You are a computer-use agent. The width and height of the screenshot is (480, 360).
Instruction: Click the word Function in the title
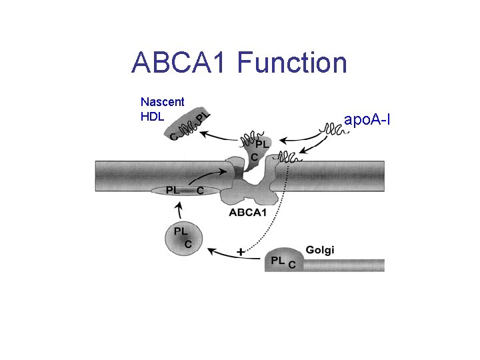292,63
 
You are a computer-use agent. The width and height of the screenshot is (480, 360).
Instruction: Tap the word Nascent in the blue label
162,102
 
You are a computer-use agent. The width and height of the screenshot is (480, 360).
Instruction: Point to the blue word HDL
152,116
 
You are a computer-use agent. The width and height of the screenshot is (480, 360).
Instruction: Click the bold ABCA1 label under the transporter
249,213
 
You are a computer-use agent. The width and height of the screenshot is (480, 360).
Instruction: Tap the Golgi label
320,250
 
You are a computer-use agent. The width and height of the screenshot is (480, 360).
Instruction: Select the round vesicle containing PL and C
183,238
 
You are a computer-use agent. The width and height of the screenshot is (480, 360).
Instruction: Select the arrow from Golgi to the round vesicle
220,252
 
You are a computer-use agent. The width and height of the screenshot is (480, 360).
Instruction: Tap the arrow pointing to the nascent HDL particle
220,137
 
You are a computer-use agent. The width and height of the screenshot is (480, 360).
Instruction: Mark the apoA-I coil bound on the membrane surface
289,157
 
